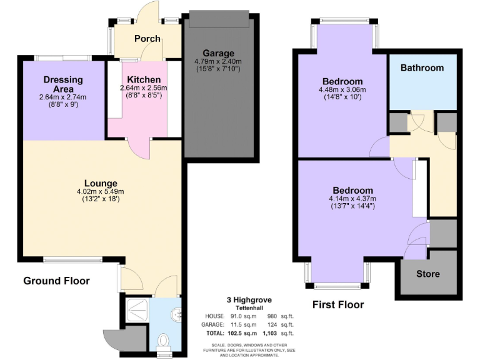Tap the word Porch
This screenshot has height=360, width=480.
coord(148,39)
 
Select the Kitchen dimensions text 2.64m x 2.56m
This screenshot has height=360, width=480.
coord(144,89)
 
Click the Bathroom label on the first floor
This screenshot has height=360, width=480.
coord(422,67)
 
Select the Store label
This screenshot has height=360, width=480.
coord(428,274)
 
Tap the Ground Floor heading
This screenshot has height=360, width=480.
coord(56,281)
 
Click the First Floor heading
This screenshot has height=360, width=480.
coord(337,305)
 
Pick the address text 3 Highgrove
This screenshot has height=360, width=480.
coord(252,300)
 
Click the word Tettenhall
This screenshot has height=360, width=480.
coord(252,307)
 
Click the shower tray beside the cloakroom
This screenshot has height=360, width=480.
coord(134,309)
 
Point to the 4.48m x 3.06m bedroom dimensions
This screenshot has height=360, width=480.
coord(342,89)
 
